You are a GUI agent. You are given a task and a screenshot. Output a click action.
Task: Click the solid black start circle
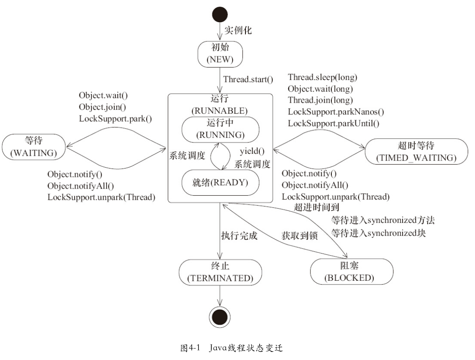click(219, 14)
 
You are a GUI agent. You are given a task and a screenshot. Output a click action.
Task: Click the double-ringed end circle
click(219, 317)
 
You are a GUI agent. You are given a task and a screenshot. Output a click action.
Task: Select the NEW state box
click(220, 54)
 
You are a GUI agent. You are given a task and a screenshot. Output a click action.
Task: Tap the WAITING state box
click(34, 147)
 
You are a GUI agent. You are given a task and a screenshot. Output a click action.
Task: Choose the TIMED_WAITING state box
click(416, 152)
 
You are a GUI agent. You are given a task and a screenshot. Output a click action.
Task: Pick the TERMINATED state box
click(220, 272)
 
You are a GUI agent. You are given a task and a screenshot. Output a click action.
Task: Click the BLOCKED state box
click(352, 272)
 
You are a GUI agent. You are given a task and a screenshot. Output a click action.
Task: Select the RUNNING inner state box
click(220, 129)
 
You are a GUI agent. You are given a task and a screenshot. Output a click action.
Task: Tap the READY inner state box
click(220, 182)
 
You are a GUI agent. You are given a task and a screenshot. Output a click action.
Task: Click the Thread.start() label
click(248, 80)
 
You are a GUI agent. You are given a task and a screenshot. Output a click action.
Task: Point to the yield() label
click(252, 151)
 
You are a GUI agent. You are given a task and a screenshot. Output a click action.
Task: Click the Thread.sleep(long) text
click(323, 77)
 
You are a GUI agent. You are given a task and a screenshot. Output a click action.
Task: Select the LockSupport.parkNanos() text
click(336, 112)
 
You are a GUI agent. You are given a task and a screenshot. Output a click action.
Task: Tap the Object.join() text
click(102, 107)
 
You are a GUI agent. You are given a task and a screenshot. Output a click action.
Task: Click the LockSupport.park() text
click(115, 119)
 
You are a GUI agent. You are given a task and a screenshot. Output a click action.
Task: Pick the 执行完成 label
click(239, 236)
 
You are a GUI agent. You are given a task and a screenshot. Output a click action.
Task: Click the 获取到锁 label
click(299, 236)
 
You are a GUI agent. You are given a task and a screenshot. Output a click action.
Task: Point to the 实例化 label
click(238, 30)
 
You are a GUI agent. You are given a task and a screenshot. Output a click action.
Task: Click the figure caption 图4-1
click(190, 348)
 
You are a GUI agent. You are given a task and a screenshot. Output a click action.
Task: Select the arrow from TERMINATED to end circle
click(219, 296)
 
